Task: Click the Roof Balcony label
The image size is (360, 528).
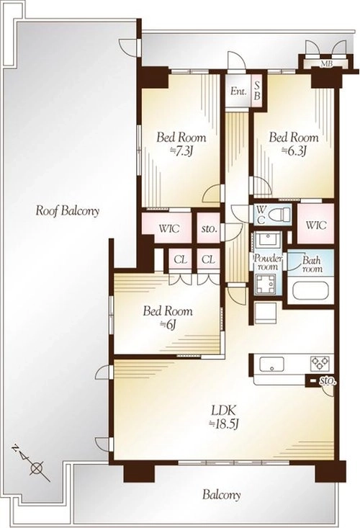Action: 67,211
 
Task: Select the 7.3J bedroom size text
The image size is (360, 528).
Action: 181,151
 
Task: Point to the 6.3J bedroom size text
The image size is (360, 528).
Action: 294,151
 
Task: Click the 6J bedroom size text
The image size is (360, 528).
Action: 168,325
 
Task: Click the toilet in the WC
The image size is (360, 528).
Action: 280,214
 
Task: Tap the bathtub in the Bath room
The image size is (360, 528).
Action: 310,291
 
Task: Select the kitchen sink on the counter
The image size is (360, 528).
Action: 272,364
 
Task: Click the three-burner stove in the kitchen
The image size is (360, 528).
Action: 320,363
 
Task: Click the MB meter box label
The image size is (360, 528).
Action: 325,63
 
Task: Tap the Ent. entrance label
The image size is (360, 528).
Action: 238,91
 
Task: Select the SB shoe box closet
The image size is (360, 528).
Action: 257,91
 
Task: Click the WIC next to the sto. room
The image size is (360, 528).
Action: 169,229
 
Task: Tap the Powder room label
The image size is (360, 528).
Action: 268,263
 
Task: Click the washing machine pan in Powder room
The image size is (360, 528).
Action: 266,285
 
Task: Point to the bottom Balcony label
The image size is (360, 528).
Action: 221,495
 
